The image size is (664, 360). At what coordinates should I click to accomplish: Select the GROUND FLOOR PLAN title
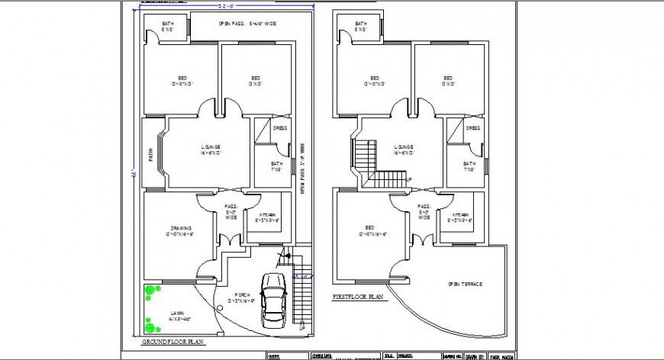tap(173, 342)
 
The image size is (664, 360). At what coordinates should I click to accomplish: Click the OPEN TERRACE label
tap(465, 284)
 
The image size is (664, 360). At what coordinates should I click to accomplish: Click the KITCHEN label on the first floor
tap(460, 217)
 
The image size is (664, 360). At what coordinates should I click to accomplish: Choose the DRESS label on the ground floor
tap(280, 128)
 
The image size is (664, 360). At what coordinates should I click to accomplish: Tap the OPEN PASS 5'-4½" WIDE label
tap(247, 24)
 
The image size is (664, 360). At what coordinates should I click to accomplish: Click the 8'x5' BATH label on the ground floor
tap(167, 27)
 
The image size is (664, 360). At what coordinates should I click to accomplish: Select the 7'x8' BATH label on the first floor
tap(469, 167)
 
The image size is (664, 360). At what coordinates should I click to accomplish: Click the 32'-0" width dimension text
tap(224, 6)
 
